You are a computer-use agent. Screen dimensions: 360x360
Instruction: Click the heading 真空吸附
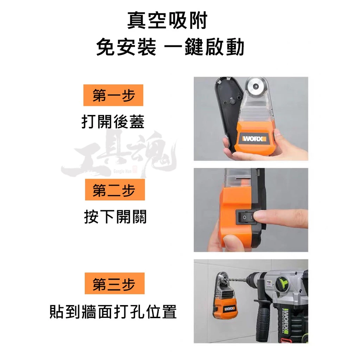pyautogui.click(x=167, y=21)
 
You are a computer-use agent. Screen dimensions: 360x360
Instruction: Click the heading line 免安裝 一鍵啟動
pyautogui.click(x=170, y=47)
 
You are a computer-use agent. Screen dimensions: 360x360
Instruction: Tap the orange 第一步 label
pyautogui.click(x=113, y=95)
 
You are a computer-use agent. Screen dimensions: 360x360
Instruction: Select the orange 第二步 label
pyautogui.click(x=115, y=189)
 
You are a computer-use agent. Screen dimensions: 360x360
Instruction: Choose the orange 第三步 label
pyautogui.click(x=115, y=283)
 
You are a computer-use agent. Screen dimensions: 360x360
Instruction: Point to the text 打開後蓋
pyautogui.click(x=113, y=122)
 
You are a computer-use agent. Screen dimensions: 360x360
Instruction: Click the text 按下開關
pyautogui.click(x=115, y=217)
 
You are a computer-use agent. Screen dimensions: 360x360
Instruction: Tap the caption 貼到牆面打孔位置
pyautogui.click(x=113, y=311)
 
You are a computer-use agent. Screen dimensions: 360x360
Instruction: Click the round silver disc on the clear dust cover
pyautogui.click(x=255, y=86)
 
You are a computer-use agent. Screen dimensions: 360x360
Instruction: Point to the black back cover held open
pyautogui.click(x=228, y=112)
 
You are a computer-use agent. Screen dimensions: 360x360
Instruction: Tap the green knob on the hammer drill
pyautogui.click(x=283, y=282)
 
